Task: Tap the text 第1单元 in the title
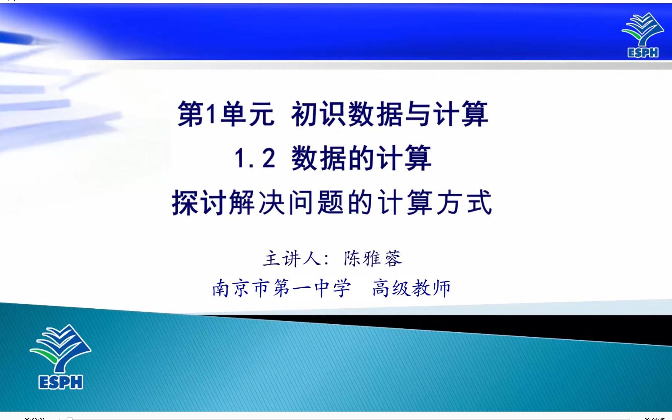coord(226,114)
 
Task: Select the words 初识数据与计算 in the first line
coord(390,114)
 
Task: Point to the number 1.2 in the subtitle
coord(255,158)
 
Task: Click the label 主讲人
coord(292,258)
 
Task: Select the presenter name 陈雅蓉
coord(373,258)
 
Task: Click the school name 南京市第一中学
coord(282,288)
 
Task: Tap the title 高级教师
coord(412,288)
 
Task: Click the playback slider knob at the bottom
coord(69,418)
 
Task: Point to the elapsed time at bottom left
coord(34,419)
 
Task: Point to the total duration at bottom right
coord(654,419)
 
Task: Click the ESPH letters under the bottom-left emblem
coord(61,382)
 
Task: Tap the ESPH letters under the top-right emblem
coord(643,53)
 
